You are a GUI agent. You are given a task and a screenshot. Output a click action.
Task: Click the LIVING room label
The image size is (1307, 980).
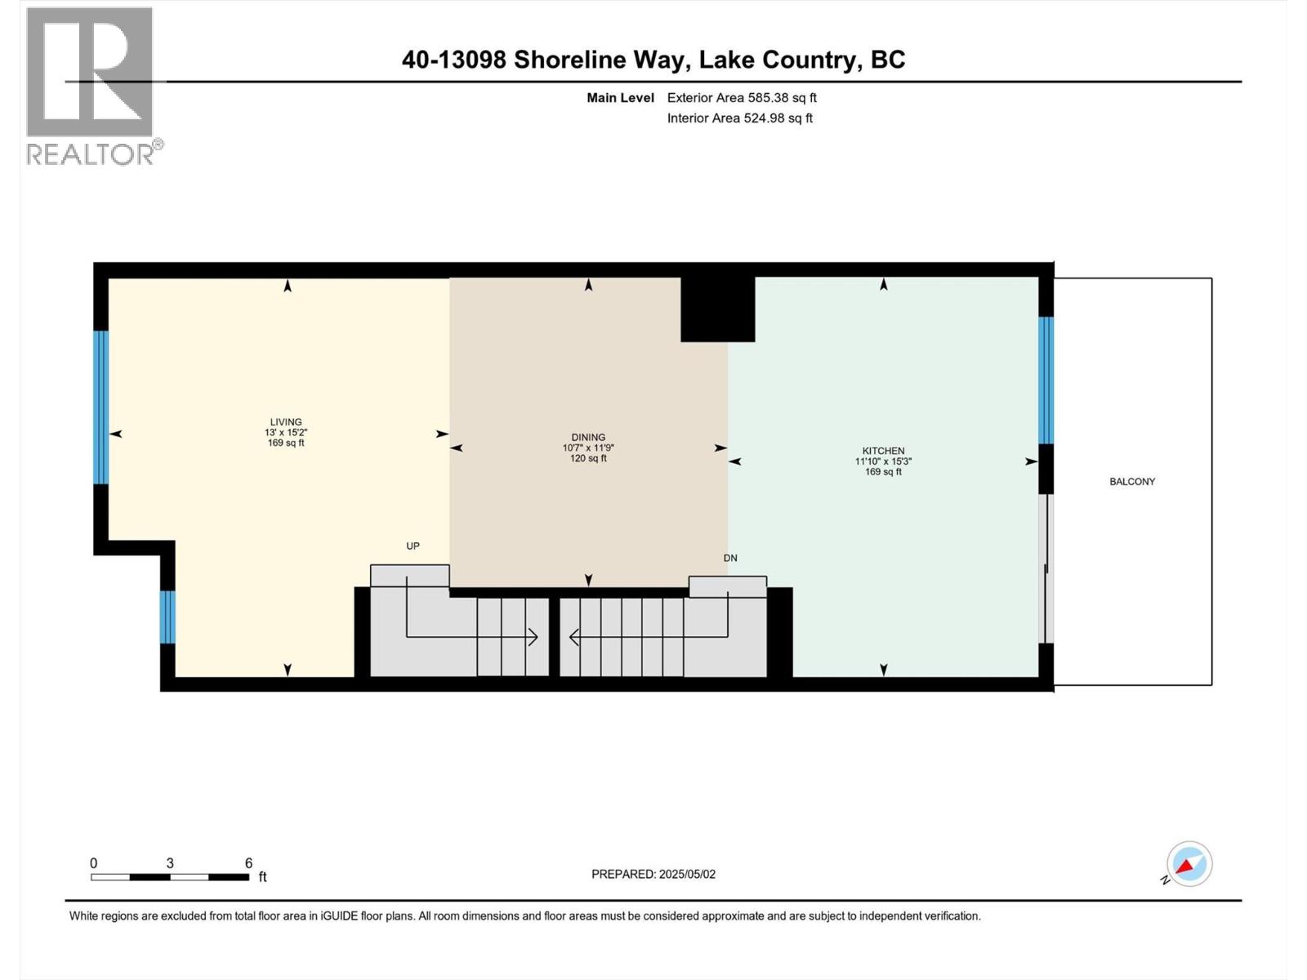point(286,422)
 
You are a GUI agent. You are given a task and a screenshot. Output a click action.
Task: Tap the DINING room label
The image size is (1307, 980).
point(588,437)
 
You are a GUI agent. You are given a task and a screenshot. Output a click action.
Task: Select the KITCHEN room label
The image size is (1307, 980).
point(883,451)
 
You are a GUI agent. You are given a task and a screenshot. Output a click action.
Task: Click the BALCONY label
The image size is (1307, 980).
point(1132,482)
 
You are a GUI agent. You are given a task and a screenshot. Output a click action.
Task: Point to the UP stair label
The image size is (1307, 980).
point(413,546)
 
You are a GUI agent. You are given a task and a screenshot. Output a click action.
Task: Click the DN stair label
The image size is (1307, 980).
point(730,558)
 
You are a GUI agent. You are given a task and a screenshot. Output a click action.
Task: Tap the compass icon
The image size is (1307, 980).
point(1189,864)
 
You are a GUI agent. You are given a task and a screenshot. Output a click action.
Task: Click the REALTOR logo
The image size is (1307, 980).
point(90,86)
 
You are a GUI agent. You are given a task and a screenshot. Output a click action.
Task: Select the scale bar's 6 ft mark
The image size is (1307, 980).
point(248,864)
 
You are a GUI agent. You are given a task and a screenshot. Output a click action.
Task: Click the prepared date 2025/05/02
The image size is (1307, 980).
point(687,874)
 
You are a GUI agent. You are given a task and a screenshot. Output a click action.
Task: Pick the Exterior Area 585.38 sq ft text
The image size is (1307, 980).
point(742,98)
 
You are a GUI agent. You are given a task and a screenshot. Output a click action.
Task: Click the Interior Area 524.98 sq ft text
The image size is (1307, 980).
point(739,118)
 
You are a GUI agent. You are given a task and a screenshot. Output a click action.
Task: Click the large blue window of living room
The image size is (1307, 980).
point(100,407)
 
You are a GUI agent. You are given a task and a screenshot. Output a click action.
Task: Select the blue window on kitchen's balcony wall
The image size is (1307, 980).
point(1046,380)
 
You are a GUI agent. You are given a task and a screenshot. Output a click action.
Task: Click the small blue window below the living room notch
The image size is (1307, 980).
point(167,617)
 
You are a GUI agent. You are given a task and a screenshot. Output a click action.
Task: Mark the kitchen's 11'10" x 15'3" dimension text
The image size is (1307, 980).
point(883,461)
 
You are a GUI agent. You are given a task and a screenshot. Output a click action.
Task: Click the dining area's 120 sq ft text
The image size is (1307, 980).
point(588,459)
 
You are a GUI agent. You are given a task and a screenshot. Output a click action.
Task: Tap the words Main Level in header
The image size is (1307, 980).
point(620,98)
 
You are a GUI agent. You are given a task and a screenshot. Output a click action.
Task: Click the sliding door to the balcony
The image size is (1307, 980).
point(1046,568)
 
